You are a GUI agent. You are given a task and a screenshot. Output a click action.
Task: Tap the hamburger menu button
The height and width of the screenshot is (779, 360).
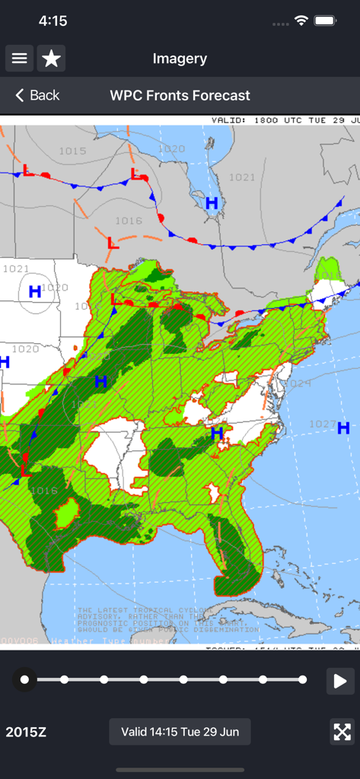point(19,59)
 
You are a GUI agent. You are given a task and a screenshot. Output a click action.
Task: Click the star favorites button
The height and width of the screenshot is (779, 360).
point(51,59)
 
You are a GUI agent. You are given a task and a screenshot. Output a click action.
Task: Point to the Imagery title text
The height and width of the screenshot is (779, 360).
point(180,59)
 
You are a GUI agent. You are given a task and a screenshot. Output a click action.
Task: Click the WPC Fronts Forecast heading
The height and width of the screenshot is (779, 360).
point(180,95)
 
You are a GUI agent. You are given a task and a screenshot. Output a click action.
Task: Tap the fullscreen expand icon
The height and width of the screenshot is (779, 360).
point(342,732)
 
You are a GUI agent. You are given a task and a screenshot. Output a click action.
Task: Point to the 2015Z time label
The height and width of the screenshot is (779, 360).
point(26,732)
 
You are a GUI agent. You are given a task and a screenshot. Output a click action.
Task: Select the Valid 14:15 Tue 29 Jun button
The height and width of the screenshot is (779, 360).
point(180,732)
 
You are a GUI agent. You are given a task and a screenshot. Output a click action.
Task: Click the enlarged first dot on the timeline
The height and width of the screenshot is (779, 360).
point(25,679)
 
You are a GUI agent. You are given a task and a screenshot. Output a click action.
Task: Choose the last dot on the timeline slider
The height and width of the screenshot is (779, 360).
point(303,679)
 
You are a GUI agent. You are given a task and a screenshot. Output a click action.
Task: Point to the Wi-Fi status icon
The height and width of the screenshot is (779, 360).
point(301,21)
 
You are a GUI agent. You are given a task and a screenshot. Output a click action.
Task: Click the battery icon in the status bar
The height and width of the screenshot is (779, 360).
point(326,21)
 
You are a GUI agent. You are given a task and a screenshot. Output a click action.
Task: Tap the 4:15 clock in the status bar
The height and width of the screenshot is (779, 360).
point(53,21)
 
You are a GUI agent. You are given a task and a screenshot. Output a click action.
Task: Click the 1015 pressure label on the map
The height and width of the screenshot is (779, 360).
point(72,151)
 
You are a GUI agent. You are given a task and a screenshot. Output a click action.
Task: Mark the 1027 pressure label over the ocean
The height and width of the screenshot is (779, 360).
point(323,424)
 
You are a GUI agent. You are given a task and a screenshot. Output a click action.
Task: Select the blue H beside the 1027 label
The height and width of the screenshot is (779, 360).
point(343,428)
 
